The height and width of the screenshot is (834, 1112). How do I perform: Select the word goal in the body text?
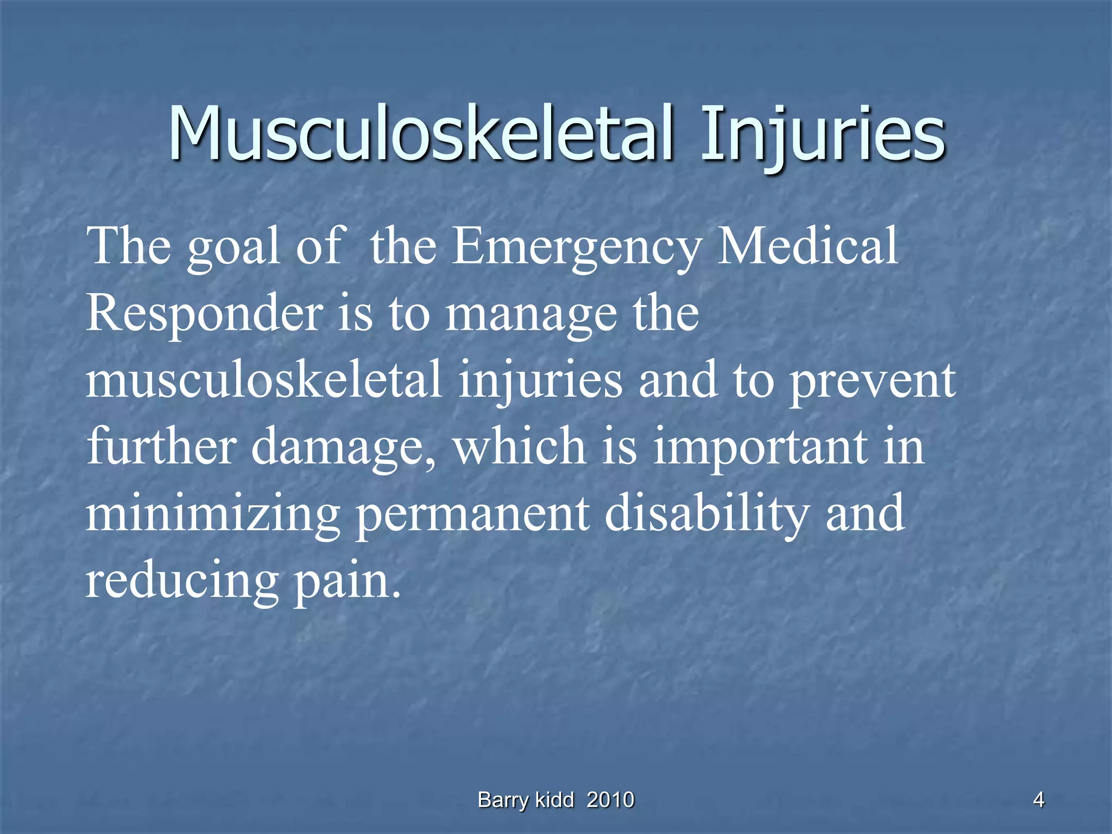tap(234, 247)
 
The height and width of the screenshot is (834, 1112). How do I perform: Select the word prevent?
tap(872, 382)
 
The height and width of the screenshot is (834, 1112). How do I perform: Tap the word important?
tap(760, 448)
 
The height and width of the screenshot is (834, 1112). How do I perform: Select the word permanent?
tap(472, 514)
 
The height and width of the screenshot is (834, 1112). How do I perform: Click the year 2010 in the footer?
tap(610, 800)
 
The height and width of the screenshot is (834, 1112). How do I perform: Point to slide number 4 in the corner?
tap(1038, 800)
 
